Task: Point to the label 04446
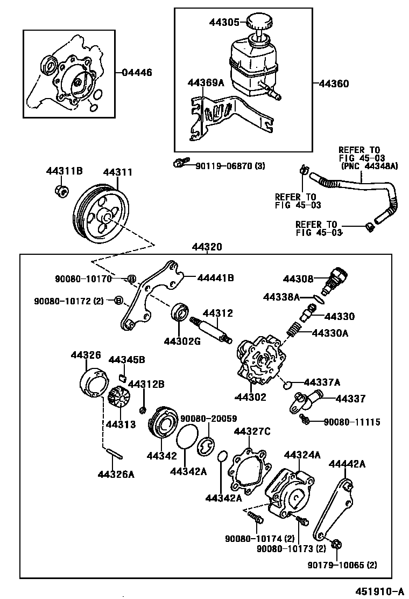pyautogui.click(x=137, y=72)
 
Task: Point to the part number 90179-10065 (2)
pyautogui.click(x=343, y=565)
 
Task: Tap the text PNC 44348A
pyautogui.click(x=369, y=166)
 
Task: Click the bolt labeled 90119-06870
pyautogui.click(x=181, y=162)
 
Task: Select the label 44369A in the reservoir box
pyautogui.click(x=205, y=82)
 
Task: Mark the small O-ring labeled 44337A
pyautogui.click(x=288, y=384)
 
